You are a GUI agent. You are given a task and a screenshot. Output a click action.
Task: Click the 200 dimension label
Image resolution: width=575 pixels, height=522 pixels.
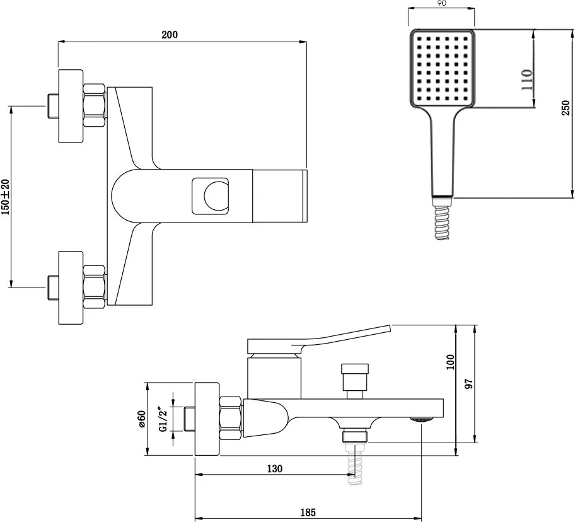pos(170,35)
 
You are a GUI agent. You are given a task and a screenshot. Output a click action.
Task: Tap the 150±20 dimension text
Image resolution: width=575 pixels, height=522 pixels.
pos(5,197)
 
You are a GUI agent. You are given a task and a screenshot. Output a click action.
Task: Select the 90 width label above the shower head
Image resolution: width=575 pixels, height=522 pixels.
pos(442,3)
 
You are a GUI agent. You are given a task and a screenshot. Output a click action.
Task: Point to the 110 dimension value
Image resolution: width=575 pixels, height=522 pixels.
pos(526,79)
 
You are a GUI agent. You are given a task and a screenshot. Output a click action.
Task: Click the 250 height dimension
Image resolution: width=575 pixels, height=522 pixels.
pos(566,108)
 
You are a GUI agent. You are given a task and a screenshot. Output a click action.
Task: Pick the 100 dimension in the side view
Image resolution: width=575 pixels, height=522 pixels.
pos(450,362)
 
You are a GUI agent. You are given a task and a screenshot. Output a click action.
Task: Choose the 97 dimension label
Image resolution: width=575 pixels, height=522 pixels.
pos(469,384)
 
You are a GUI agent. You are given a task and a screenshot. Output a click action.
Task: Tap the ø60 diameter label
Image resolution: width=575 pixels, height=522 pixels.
pos(142,419)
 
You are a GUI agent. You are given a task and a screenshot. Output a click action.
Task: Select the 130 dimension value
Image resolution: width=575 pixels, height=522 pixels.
pos(275,468)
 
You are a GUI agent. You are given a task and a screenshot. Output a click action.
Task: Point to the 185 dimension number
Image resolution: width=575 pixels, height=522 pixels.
pos(308,512)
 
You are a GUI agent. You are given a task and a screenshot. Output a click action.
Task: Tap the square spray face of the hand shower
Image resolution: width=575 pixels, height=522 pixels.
pos(442,68)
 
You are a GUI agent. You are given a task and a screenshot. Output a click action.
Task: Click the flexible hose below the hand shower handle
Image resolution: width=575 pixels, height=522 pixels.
pos(442,223)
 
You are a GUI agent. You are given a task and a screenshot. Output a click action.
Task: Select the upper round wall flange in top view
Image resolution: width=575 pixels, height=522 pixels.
pos(71,106)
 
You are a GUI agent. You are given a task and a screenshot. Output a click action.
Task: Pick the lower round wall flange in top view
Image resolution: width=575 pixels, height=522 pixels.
pos(71,287)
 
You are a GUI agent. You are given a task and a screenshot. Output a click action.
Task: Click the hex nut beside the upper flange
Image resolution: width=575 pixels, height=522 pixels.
pos(95,105)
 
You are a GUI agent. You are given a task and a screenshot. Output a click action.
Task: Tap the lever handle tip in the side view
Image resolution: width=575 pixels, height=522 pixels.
pos(390,328)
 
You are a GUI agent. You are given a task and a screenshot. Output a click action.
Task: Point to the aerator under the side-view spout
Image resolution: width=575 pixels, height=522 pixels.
pos(421,420)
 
